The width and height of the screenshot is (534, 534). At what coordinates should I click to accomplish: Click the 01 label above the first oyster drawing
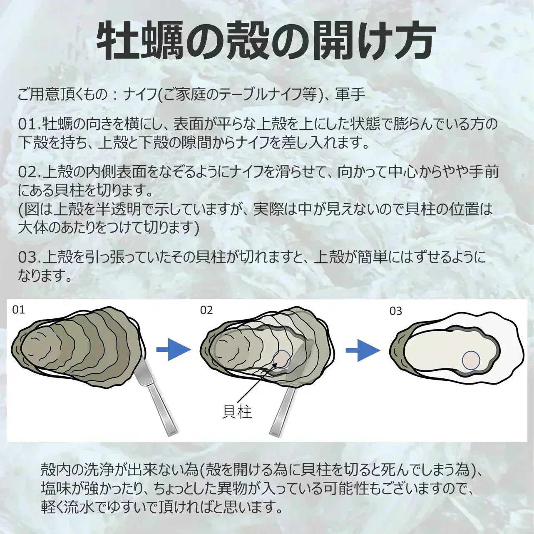19,310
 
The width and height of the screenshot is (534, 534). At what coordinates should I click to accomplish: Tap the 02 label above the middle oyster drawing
206,310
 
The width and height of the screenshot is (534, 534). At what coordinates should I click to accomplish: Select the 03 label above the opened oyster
396,311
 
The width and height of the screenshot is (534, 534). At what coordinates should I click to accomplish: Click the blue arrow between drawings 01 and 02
174,350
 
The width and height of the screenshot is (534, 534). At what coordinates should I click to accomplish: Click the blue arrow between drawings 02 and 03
363,350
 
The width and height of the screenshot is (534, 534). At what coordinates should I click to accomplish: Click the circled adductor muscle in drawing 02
282,360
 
